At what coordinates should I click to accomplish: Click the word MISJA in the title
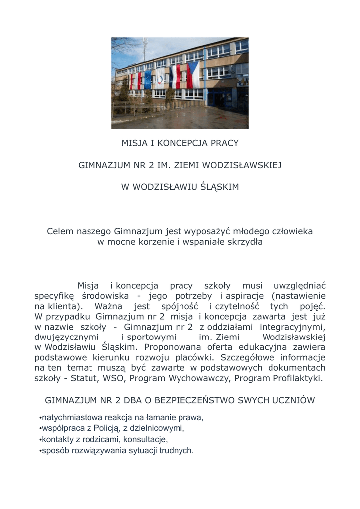click(x=133, y=143)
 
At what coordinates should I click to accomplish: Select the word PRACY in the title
click(x=224, y=143)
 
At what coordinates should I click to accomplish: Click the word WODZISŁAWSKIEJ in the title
click(x=243, y=165)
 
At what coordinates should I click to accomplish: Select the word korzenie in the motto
click(x=154, y=242)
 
